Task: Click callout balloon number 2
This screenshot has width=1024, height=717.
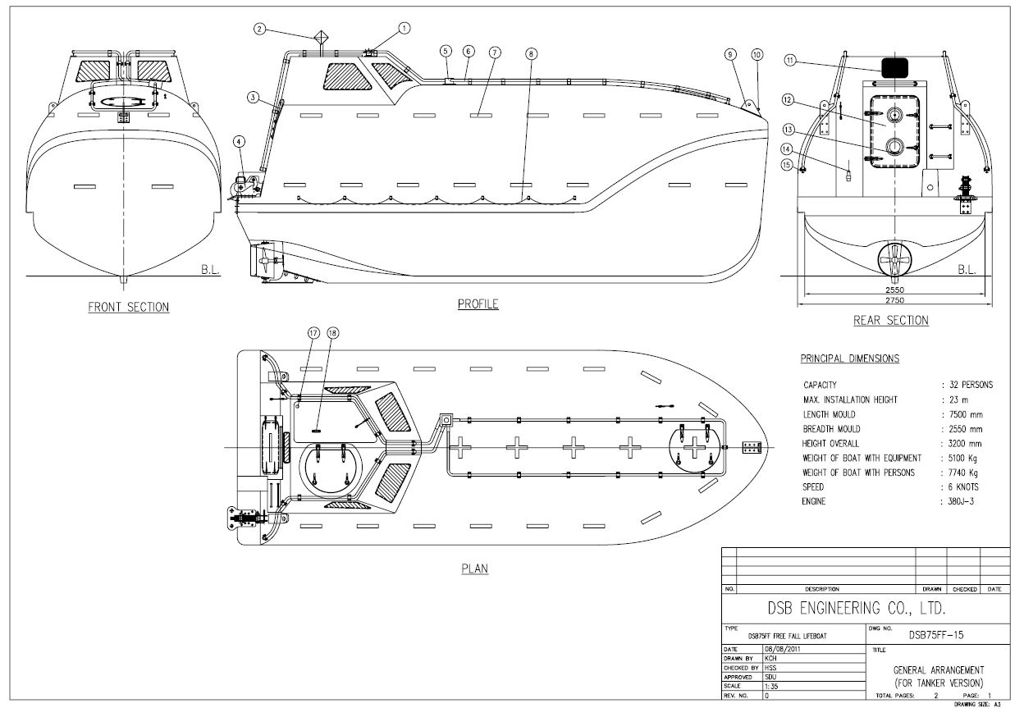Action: tap(259, 29)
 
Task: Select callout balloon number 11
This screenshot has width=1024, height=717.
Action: tap(790, 60)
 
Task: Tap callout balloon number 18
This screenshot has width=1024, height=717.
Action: tap(332, 333)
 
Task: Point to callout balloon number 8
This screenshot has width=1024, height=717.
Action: tap(532, 53)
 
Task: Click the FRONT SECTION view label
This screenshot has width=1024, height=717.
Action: tap(129, 308)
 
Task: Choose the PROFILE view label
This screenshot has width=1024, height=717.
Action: tap(478, 304)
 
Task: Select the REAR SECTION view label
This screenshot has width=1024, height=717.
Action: tap(890, 321)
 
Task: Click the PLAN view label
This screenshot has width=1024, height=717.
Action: tap(475, 568)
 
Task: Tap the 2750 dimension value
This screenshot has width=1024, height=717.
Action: tap(889, 301)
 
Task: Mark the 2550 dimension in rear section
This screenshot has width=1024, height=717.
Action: tap(889, 290)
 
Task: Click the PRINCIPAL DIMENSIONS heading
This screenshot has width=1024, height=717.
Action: tap(849, 358)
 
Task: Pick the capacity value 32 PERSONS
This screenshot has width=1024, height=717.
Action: tap(970, 385)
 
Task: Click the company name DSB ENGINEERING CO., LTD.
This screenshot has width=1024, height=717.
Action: tap(856, 610)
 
